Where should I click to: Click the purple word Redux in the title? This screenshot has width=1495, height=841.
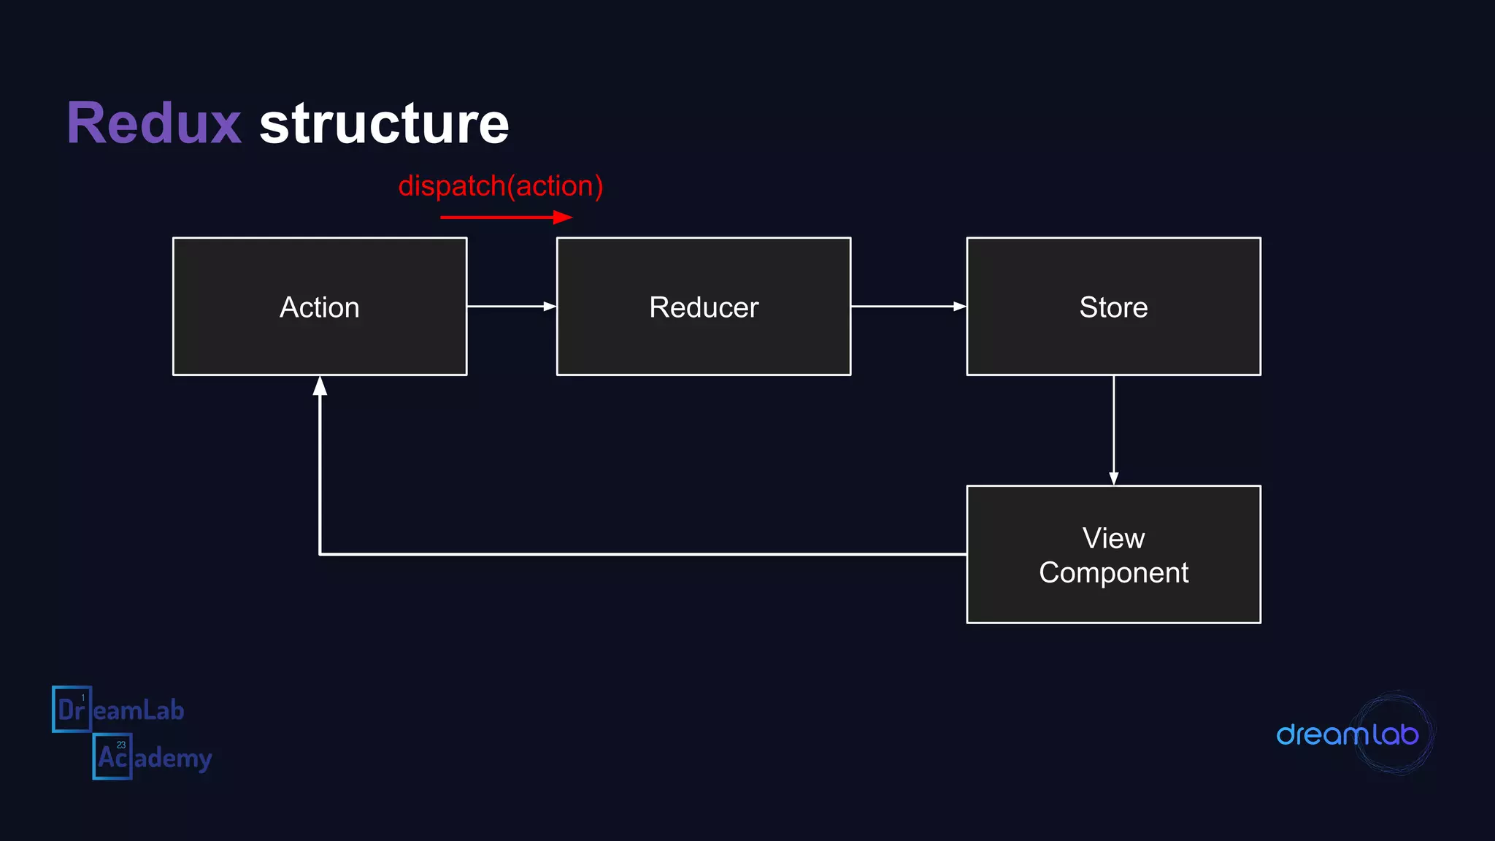pos(154,123)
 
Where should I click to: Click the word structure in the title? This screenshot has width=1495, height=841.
pos(384,123)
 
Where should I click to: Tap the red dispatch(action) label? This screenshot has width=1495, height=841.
pos(501,186)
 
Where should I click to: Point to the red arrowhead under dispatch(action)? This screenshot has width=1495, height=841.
pos(563,217)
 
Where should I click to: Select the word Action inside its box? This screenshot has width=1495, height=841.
pos(320,307)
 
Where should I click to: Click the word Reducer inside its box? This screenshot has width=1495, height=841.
pos(704,307)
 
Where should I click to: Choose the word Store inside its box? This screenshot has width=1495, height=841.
pos(1113,307)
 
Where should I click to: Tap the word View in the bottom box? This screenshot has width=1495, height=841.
pos(1113,538)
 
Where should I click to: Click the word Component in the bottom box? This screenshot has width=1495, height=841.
pos(1113,572)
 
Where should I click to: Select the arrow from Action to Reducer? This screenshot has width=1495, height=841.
pos(511,306)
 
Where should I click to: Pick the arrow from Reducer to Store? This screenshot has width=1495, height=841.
pos(908,306)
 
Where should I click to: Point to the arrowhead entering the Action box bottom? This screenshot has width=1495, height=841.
pos(320,386)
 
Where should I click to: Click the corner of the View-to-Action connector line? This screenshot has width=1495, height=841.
pos(320,554)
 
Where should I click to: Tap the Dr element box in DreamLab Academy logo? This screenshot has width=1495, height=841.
pos(72,709)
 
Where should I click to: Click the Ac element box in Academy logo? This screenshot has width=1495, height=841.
pos(112,756)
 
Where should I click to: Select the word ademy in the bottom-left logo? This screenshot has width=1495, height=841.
pos(174,759)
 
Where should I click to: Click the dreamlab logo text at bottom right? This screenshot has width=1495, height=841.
pos(1347,734)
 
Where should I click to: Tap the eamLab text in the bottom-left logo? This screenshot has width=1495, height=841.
pos(139,710)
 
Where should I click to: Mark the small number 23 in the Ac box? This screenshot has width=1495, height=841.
pos(121,745)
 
